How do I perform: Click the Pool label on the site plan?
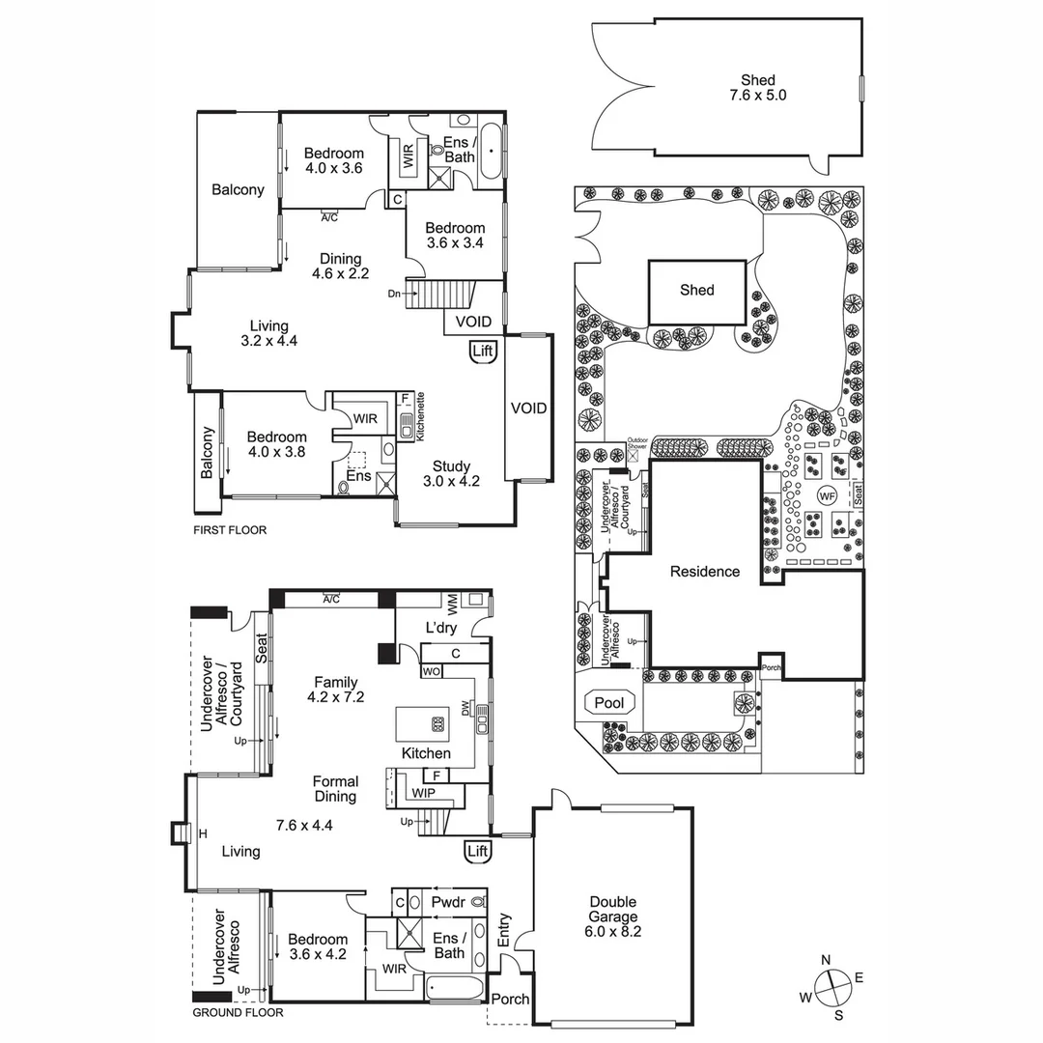608,703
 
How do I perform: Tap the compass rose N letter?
826,959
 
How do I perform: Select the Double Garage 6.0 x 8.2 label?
613,916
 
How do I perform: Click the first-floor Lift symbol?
483,352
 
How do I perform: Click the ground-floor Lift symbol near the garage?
477,851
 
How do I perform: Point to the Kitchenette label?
421,416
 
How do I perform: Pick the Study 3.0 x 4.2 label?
451,472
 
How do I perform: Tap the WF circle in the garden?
827,495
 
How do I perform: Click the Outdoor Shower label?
638,444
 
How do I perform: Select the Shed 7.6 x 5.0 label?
758,88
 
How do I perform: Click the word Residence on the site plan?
705,572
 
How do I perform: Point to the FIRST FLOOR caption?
230,530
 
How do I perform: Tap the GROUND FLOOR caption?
238,1013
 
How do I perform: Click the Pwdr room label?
449,902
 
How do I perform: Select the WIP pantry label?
423,793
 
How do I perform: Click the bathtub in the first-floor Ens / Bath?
490,152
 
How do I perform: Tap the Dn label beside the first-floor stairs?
394,294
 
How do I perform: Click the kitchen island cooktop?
437,721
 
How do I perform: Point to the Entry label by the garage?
503,929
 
